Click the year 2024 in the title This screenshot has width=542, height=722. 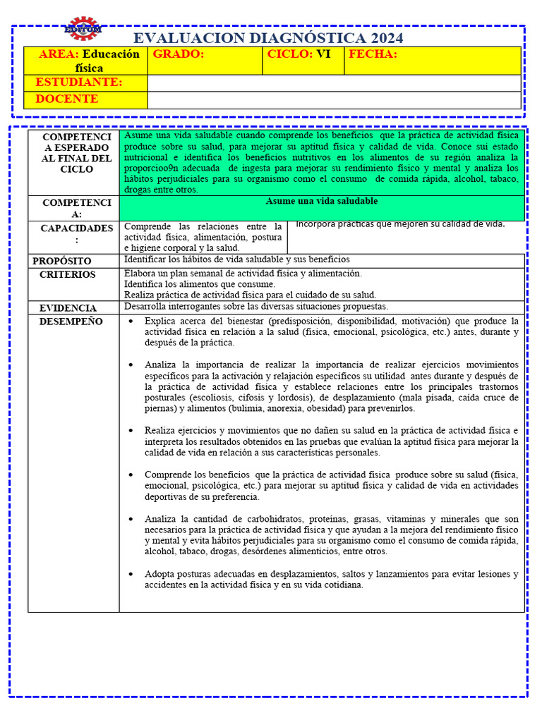coord(380,38)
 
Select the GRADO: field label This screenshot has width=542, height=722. coord(179,54)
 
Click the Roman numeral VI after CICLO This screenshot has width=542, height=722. coord(323,54)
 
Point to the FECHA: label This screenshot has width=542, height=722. coord(373,54)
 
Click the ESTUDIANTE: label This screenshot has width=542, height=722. coord(79,82)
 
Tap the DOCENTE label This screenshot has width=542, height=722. coord(67,99)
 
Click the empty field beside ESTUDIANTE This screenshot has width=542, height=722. coord(334,83)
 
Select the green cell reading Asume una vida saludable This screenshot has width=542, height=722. coord(322,202)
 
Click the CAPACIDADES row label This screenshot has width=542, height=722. coord(76,228)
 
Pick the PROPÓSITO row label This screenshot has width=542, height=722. coord(62,261)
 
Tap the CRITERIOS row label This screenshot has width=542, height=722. coord(67,274)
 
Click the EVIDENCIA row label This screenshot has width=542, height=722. coord(68,308)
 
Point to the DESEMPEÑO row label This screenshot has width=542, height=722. coord(71,322)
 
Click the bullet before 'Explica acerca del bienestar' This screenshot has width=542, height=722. coord(130,322)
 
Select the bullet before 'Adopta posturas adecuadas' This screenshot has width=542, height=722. coord(130,574)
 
